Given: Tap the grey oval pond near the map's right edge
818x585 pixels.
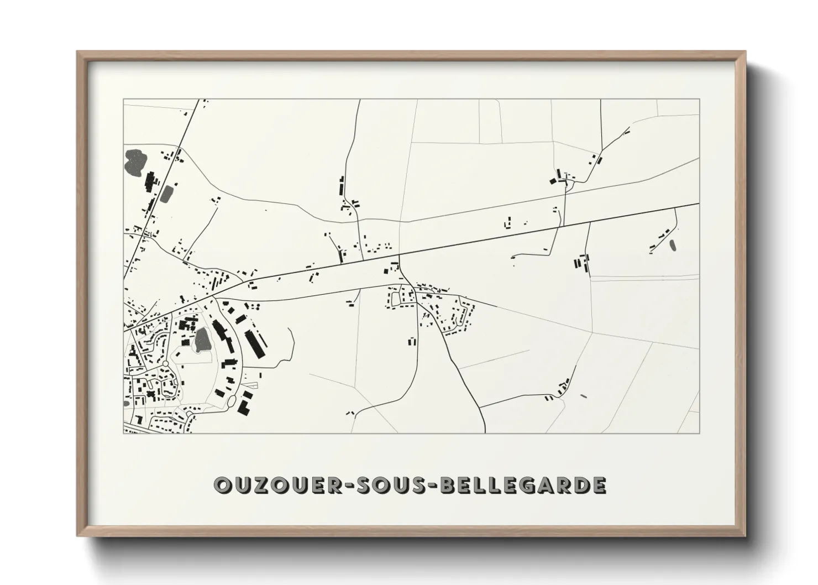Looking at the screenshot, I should [x=673, y=244].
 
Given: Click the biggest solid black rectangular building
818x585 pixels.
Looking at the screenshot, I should [x=254, y=343].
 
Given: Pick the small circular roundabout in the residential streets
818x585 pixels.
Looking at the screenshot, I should [x=165, y=364].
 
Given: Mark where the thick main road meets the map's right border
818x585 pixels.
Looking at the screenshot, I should [x=699, y=203].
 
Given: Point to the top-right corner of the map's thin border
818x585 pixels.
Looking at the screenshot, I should [x=699, y=100].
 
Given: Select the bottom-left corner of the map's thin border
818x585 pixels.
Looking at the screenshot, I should [x=123, y=432].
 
